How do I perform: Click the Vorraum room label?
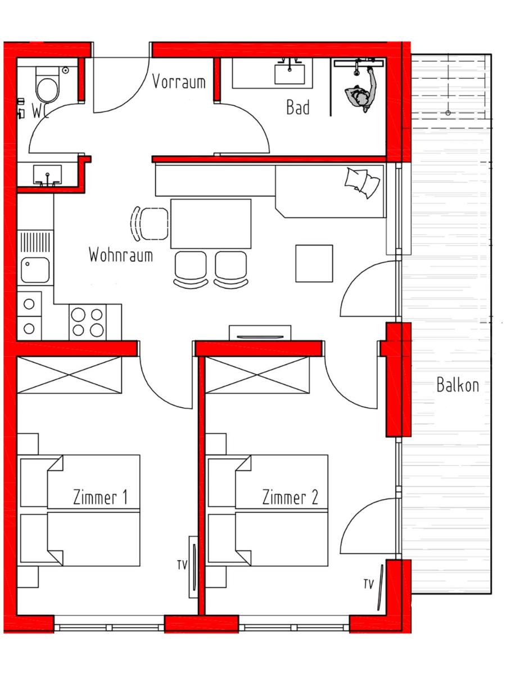(x=179, y=82)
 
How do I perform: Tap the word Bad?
(x=298, y=107)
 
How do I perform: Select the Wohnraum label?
(x=121, y=255)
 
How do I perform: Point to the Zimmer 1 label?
(x=100, y=498)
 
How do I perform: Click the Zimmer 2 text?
(x=290, y=498)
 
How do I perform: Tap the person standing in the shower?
(x=362, y=91)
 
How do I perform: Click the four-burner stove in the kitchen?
(x=88, y=322)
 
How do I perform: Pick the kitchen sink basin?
(x=35, y=270)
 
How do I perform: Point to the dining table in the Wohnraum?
(x=211, y=224)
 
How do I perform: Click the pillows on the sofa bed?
(x=362, y=182)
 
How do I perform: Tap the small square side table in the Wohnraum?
(x=314, y=263)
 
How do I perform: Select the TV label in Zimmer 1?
(x=182, y=565)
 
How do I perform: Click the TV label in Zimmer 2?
(x=368, y=584)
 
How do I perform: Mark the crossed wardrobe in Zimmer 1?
(x=69, y=375)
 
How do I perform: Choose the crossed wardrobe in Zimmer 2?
(x=257, y=375)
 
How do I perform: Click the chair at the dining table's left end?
(x=150, y=223)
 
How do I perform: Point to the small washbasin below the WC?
(x=47, y=175)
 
